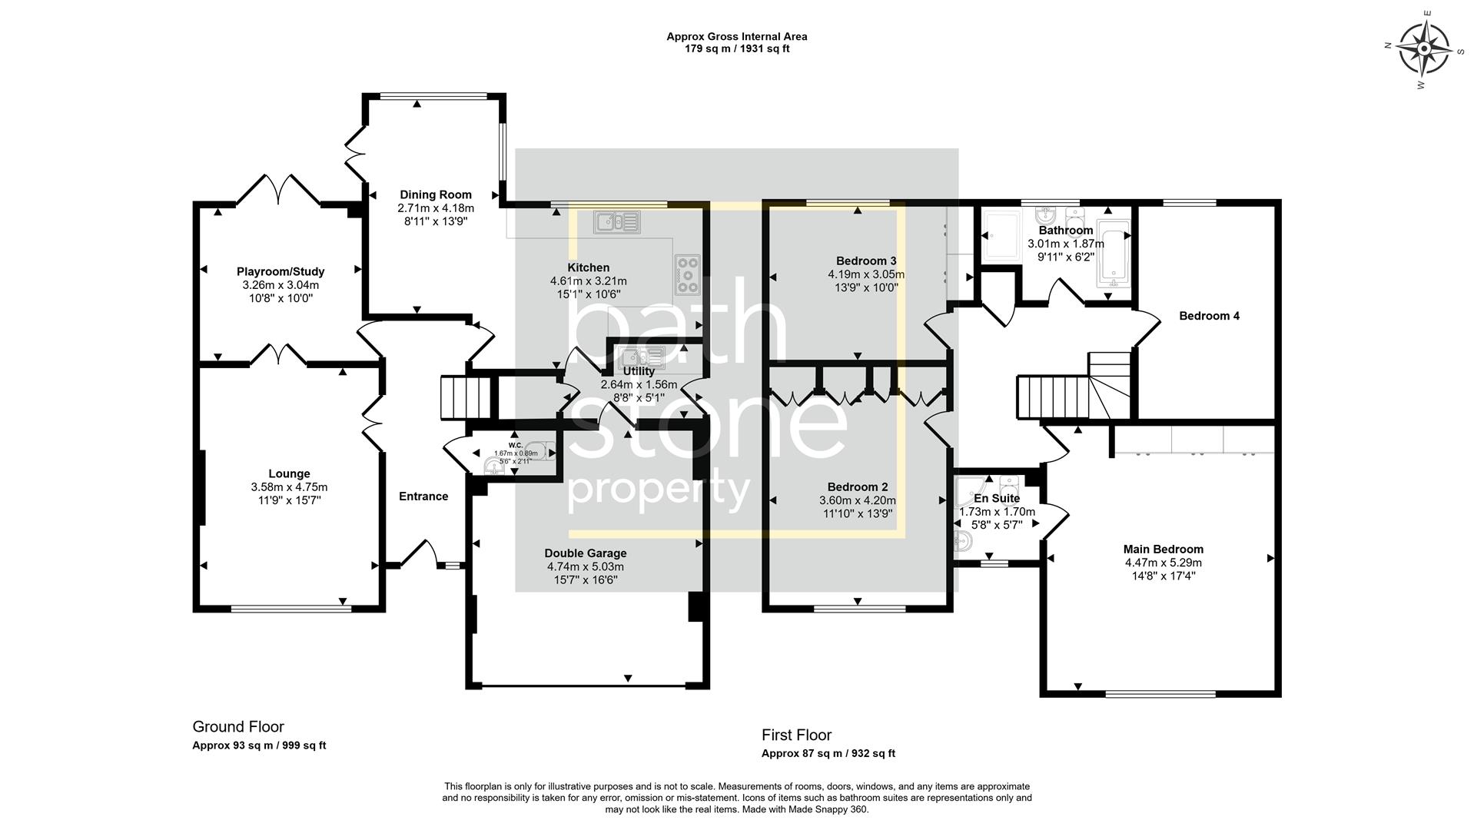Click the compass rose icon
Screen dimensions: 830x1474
pos(1424,49)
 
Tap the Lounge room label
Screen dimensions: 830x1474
pos(289,474)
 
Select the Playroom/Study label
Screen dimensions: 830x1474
pos(281,271)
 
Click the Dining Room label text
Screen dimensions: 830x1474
pos(436,194)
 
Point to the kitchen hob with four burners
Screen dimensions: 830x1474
pos(686,274)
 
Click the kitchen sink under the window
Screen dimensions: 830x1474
pos(616,223)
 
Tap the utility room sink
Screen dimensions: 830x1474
pos(639,357)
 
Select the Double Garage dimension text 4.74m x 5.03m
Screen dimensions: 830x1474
pos(586,566)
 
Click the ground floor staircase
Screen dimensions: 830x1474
pos(464,397)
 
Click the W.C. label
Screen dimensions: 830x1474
pos(515,445)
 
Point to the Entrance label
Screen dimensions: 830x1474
pos(423,496)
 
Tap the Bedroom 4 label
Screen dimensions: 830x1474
pos(1209,316)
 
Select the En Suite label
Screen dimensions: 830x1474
pos(997,498)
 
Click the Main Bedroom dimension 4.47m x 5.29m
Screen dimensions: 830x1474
pos(1163,563)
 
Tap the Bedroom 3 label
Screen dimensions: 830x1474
pos(866,261)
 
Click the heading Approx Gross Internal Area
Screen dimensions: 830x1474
pos(736,36)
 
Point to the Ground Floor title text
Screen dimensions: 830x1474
pos(238,727)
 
